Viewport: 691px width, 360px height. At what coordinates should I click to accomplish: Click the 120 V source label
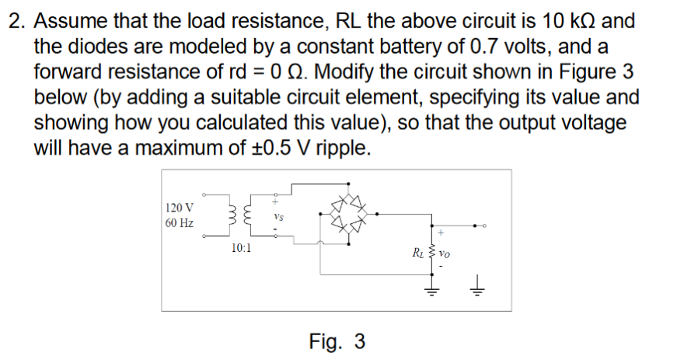tap(180, 208)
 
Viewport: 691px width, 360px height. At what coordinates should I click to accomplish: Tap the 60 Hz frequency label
tap(180, 223)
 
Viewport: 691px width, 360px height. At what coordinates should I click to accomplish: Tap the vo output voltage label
tap(445, 252)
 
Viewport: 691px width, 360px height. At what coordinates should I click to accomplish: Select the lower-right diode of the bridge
tap(359, 226)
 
